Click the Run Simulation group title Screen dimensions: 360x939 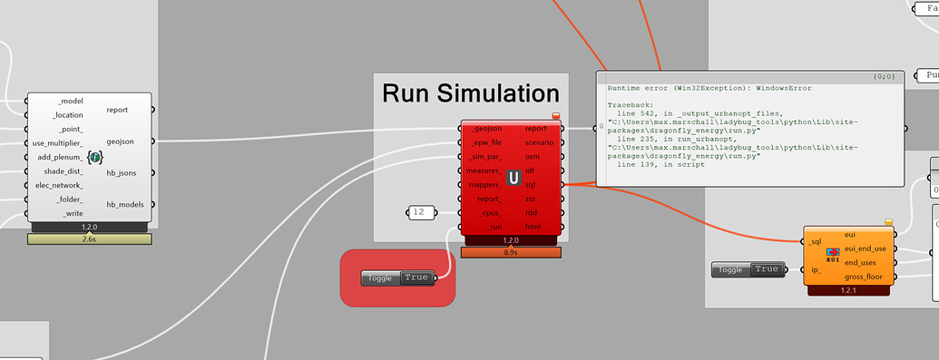(x=471, y=92)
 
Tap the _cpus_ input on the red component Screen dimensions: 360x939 (x=488, y=212)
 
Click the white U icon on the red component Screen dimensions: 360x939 (x=514, y=178)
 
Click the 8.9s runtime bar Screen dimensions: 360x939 (x=513, y=252)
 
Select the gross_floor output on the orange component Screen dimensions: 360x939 (x=864, y=276)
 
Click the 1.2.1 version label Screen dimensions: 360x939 (x=848, y=290)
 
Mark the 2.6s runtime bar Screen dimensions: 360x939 (x=89, y=239)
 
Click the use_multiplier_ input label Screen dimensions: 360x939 (x=57, y=143)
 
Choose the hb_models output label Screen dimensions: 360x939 (x=124, y=204)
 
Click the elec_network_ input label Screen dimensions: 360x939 (x=59, y=185)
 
